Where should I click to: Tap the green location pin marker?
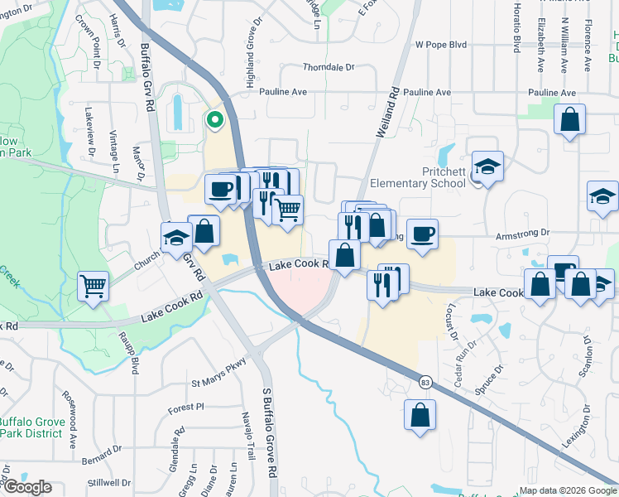(214, 121)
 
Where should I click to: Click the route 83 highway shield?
(424, 381)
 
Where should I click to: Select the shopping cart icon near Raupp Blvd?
(94, 287)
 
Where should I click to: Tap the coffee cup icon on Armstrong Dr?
(422, 234)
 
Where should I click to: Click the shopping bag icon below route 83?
(420, 415)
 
